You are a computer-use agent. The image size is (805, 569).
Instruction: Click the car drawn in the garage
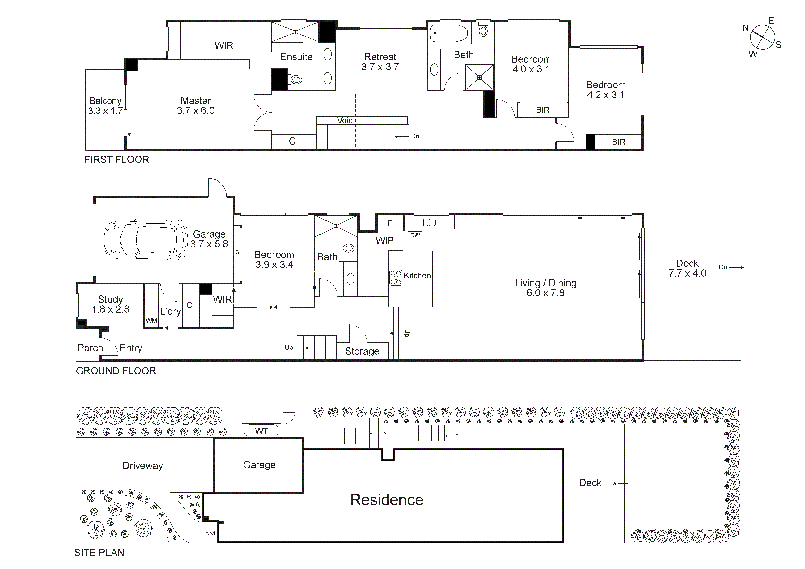pos(145,240)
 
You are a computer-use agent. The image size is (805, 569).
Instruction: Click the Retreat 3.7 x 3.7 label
pos(380,62)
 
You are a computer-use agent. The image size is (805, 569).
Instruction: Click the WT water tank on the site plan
pos(261,431)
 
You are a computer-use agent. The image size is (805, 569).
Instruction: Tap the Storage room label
pos(362,351)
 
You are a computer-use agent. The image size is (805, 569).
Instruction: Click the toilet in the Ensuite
pos(296,80)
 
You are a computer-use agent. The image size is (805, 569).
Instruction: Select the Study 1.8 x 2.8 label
pos(111,304)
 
